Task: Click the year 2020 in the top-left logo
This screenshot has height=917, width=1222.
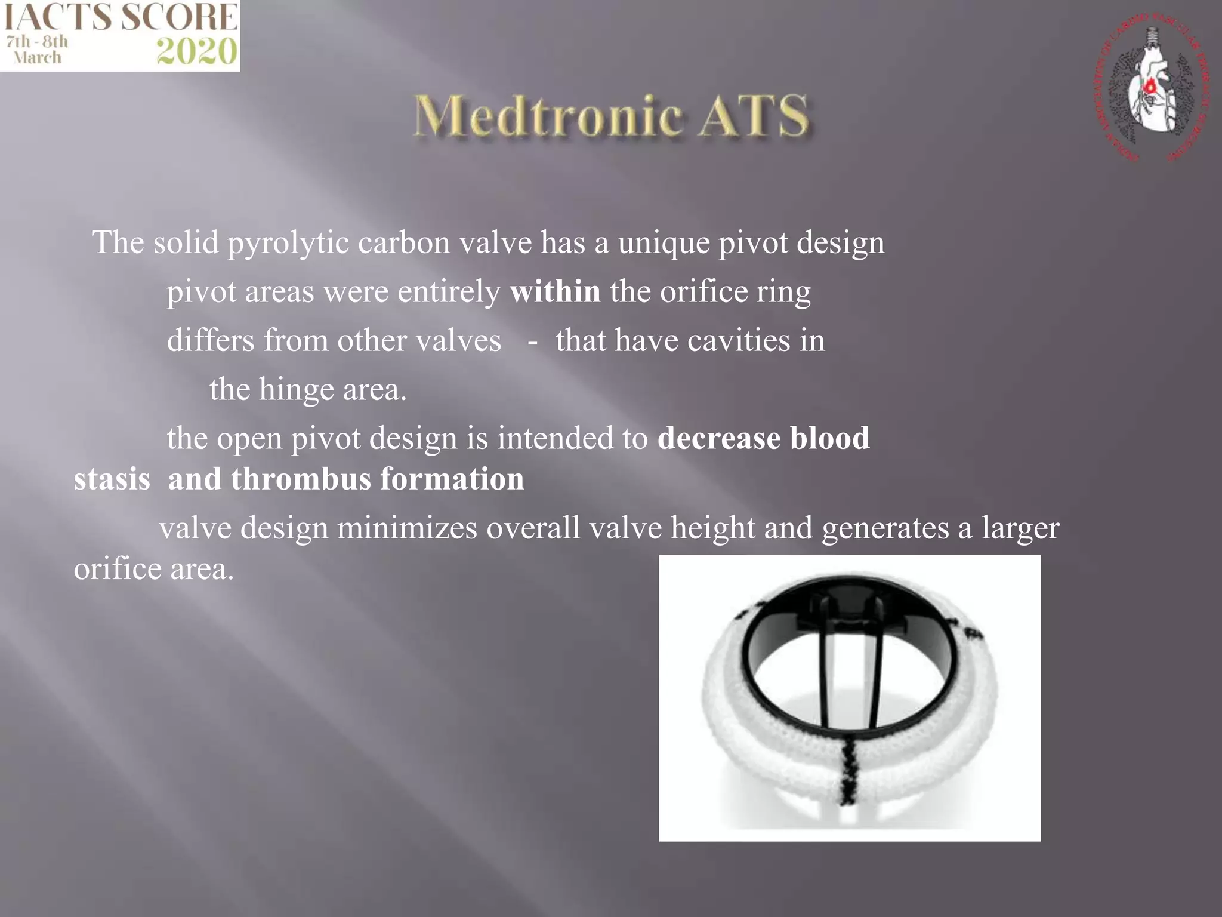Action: pyautogui.click(x=196, y=52)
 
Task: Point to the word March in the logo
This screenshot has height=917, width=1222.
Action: pyautogui.click(x=38, y=58)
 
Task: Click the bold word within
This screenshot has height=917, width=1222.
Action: pyautogui.click(x=555, y=292)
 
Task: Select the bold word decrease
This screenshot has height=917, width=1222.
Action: pyautogui.click(x=719, y=438)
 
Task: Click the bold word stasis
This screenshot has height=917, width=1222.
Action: pyautogui.click(x=112, y=479)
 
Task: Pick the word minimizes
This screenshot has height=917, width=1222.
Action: pyautogui.click(x=407, y=528)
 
